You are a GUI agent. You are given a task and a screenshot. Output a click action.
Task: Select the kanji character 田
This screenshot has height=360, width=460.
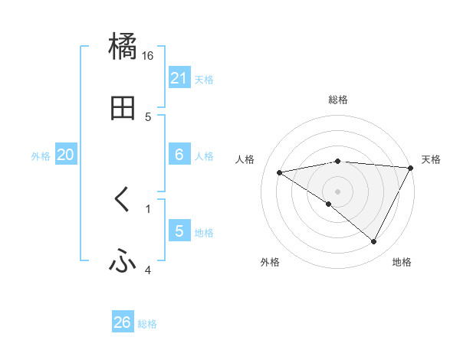[x=123, y=109]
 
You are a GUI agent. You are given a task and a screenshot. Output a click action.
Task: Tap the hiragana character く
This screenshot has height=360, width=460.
[x=122, y=200]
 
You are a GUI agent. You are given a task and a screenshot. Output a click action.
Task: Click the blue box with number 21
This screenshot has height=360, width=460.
[x=179, y=78]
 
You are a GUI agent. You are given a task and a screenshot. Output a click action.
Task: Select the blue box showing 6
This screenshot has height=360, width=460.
[x=179, y=155]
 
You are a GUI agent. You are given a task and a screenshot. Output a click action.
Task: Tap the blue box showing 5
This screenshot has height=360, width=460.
[x=179, y=231]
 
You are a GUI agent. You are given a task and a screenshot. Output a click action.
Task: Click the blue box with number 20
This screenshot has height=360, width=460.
[x=66, y=155]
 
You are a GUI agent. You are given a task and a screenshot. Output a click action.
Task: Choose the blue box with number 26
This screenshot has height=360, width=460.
[x=123, y=322]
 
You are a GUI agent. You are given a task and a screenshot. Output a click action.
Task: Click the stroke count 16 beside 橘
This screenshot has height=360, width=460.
[x=147, y=56]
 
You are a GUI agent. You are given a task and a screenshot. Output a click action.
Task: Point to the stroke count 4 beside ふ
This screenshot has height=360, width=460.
[x=147, y=270]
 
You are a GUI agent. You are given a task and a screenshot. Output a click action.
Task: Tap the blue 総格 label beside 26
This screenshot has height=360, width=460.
[x=148, y=324]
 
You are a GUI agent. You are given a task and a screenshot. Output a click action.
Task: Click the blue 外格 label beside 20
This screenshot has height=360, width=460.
[x=41, y=156]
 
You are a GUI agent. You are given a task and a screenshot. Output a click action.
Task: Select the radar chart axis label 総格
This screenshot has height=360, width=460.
[x=338, y=100]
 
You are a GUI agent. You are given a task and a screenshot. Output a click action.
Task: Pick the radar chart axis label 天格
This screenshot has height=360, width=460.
[x=431, y=159]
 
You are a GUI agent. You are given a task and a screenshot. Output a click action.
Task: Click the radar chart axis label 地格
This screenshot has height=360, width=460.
[x=402, y=262]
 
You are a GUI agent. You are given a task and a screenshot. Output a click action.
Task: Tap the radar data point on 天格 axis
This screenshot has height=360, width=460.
[x=411, y=168]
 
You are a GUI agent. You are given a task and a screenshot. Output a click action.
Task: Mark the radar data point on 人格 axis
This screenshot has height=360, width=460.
[x=280, y=172]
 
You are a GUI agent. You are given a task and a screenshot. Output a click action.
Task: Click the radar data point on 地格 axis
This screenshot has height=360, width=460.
[x=374, y=242]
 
